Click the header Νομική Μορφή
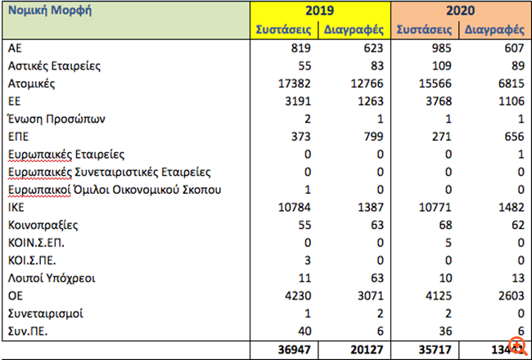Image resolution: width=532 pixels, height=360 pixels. pos(50,12)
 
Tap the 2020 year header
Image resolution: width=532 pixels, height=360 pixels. pos(461,11)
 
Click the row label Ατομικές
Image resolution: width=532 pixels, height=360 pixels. pos(32,83)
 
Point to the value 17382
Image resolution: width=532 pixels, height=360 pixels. pos(296,83)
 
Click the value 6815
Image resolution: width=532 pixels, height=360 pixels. pos(508,83)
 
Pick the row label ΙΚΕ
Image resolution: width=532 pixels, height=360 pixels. pos(17,209)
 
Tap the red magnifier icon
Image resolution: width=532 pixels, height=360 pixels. pos(517,345)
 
